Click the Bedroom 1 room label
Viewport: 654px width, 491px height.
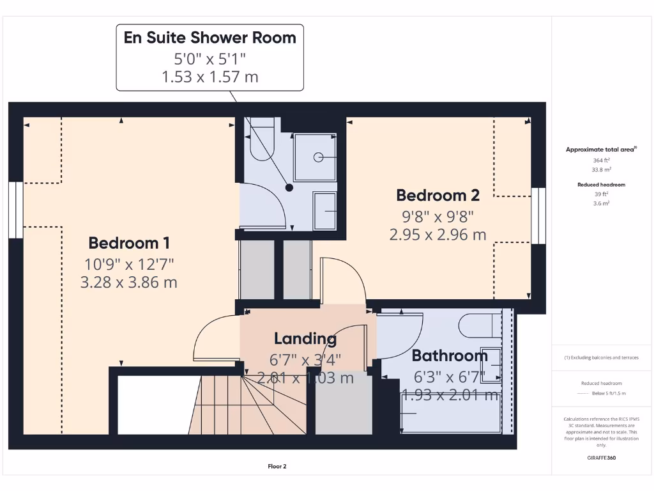coord(129,243)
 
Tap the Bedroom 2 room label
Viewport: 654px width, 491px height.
coord(437,195)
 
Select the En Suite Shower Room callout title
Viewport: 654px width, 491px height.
coord(209,37)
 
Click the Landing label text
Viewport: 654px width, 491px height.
coord(305,338)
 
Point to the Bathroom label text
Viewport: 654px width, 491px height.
coord(449,355)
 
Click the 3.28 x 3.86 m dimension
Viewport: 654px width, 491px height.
coord(129,282)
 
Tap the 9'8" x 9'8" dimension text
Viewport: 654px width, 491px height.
coord(437,216)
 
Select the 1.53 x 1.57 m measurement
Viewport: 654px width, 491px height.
coord(209,77)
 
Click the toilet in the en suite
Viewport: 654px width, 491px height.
coord(261,140)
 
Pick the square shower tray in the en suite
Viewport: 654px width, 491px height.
coord(315,157)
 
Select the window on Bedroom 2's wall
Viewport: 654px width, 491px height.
coord(540,216)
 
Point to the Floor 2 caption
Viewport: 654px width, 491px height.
coord(277,467)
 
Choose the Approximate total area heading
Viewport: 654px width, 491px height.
coord(601,150)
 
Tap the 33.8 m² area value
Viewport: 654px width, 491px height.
coord(602,169)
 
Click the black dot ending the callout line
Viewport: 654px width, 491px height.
coord(289,188)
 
